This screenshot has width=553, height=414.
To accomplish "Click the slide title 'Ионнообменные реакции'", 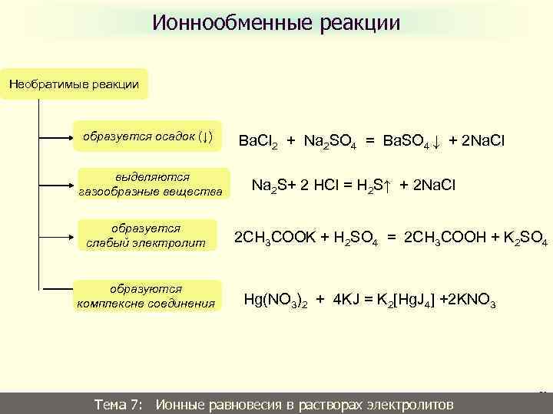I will pos(276,23).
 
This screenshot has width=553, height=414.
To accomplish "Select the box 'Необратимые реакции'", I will pos(74,84).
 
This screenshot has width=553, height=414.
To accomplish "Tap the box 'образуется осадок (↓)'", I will pos(147,137).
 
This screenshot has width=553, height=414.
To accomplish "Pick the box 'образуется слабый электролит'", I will pos(147,236).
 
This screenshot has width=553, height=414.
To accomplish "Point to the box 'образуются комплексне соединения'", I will pos(145,296).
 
